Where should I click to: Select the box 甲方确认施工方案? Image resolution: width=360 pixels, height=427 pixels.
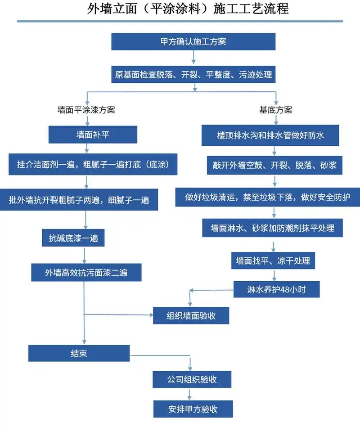pyautogui.click(x=193, y=42)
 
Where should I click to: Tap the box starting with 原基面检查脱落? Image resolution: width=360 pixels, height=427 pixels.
pyautogui.click(x=193, y=75)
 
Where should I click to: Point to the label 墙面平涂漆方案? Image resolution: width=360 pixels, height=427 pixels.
pyautogui.click(x=86, y=110)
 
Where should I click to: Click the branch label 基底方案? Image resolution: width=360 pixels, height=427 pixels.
pyautogui.click(x=275, y=110)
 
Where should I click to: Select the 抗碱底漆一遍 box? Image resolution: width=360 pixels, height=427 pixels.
pyautogui.click(x=73, y=238)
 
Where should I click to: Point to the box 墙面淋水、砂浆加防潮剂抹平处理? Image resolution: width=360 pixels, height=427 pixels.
pyautogui.click(x=273, y=228)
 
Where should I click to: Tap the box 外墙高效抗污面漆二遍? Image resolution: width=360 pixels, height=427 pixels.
pyautogui.click(x=86, y=272)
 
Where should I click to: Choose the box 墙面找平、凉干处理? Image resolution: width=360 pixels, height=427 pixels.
pyautogui.click(x=273, y=261)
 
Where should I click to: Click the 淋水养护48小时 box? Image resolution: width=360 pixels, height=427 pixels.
pyautogui.click(x=276, y=289)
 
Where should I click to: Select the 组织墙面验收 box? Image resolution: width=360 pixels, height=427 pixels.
pyautogui.click(x=191, y=315)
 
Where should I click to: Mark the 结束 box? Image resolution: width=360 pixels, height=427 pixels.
pyautogui.click(x=79, y=353)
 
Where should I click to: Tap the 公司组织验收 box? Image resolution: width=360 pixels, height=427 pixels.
pyautogui.click(x=192, y=379)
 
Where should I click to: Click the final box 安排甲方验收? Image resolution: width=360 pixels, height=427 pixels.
pyautogui.click(x=193, y=409)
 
